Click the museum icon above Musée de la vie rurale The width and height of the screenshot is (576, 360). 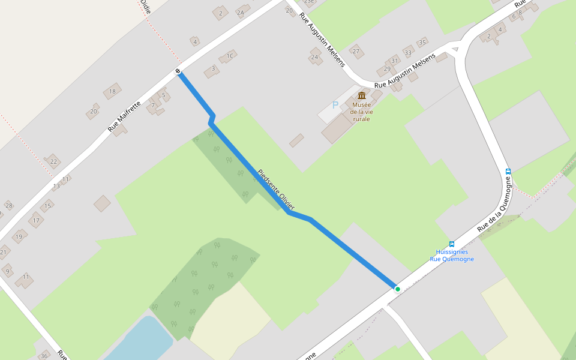point(362,96)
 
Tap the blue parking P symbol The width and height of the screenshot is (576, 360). point(335,106)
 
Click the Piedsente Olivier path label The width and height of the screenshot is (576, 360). point(276,190)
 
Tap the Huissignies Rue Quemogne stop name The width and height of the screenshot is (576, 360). point(452,256)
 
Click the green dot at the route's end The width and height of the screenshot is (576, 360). point(397,289)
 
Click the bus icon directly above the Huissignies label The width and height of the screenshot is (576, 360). point(452,244)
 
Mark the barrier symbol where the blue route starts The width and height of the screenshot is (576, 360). point(179,72)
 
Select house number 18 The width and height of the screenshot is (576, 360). point(112,92)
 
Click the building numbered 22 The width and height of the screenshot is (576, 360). point(53,161)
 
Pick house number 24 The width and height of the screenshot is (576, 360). point(314,58)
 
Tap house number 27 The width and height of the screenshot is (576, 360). point(356,52)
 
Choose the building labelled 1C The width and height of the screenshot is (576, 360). point(229,56)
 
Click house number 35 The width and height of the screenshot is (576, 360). point(422,43)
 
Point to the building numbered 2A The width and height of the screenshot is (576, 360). point(241,13)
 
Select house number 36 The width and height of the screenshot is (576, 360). point(44,356)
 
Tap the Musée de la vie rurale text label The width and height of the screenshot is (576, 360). point(362,112)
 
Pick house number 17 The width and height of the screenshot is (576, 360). point(36,221)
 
